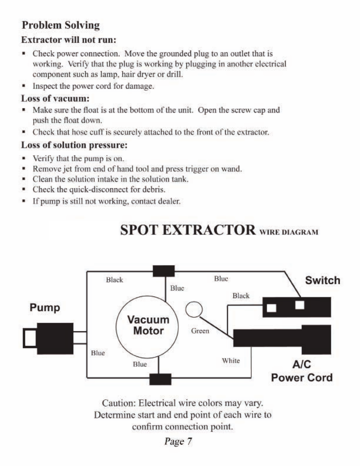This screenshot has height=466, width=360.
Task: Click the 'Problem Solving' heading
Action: (61, 25)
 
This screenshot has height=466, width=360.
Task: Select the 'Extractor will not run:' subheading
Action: (68, 40)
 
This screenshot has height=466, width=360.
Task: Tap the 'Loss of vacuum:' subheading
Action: (55, 98)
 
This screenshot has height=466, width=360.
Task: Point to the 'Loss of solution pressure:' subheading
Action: (74, 145)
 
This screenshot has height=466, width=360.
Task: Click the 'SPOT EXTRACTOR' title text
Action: (188, 230)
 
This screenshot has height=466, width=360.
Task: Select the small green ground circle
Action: (194, 309)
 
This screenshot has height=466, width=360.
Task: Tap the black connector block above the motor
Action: (164, 271)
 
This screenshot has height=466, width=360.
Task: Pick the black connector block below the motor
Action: (160, 379)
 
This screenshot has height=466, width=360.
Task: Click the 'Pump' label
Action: (45, 308)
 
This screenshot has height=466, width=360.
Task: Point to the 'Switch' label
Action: (322, 280)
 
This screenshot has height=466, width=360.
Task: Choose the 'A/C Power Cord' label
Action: (302, 371)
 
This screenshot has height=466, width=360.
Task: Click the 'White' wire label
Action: (231, 360)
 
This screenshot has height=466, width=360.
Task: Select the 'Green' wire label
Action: (200, 331)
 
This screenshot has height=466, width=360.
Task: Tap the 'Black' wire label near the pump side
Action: (114, 280)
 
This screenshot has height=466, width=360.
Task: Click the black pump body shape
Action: (55, 338)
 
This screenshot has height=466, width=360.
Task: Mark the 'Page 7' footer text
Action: (178, 441)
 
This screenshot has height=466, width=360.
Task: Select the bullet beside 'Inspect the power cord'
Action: (23, 86)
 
